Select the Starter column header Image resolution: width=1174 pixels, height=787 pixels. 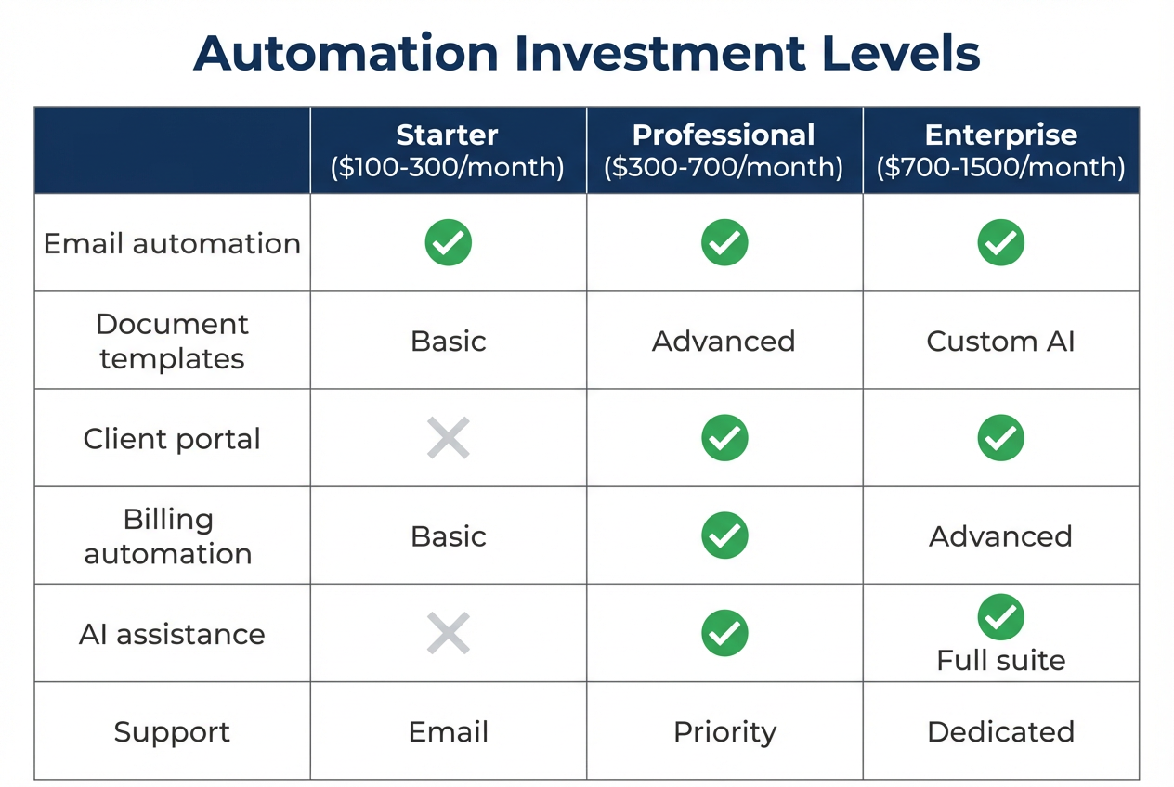pos(448,135)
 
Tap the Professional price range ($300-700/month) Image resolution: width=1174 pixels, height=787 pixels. pos(724,167)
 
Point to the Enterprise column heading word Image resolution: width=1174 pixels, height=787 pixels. pos(1000,135)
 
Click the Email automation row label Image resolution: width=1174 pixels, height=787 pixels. pos(172,243)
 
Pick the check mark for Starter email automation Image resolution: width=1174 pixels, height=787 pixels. pos(448,243)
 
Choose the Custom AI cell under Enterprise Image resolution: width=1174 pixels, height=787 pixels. pos(1000,341)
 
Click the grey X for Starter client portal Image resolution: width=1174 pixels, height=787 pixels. pos(448,438)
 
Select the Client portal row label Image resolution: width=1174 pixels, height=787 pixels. pos(172,438)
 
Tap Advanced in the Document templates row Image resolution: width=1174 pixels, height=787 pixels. pos(724,341)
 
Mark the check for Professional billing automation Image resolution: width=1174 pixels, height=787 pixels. pos(724,535)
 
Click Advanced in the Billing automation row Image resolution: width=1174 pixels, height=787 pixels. pos(1000,535)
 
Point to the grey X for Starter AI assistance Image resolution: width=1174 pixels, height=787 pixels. pos(448,634)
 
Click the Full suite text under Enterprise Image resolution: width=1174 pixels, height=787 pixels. pos(1000,660)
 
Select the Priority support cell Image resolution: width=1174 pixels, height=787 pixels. pos(724,731)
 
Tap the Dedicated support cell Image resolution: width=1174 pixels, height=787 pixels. pos(1000,731)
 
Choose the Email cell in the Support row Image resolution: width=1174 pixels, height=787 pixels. pos(448,731)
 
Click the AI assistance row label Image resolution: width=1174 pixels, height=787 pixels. pos(172,634)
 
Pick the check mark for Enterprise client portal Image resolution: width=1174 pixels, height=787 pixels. pos(1000,438)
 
